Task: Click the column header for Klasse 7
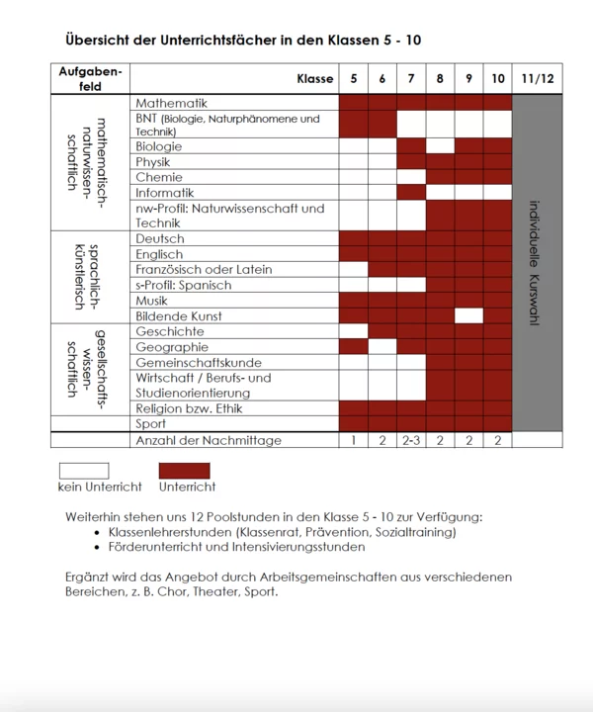click(x=412, y=79)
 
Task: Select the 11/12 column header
click(x=538, y=79)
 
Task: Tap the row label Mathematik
click(x=171, y=103)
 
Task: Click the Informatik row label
click(x=165, y=193)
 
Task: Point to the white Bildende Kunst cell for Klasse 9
click(x=468, y=316)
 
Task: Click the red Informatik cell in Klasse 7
click(x=412, y=193)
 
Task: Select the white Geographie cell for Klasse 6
click(x=382, y=347)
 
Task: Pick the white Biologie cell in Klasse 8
click(x=440, y=146)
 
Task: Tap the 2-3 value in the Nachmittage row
click(x=412, y=440)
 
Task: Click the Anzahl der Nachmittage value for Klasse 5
click(x=354, y=440)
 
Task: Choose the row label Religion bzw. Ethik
click(x=189, y=408)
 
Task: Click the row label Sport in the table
click(x=151, y=424)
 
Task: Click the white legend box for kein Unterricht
click(x=84, y=471)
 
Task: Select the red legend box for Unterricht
click(x=185, y=471)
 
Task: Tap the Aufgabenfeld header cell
click(x=90, y=79)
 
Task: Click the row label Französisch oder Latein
click(x=204, y=269)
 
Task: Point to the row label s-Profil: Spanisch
click(x=184, y=285)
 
